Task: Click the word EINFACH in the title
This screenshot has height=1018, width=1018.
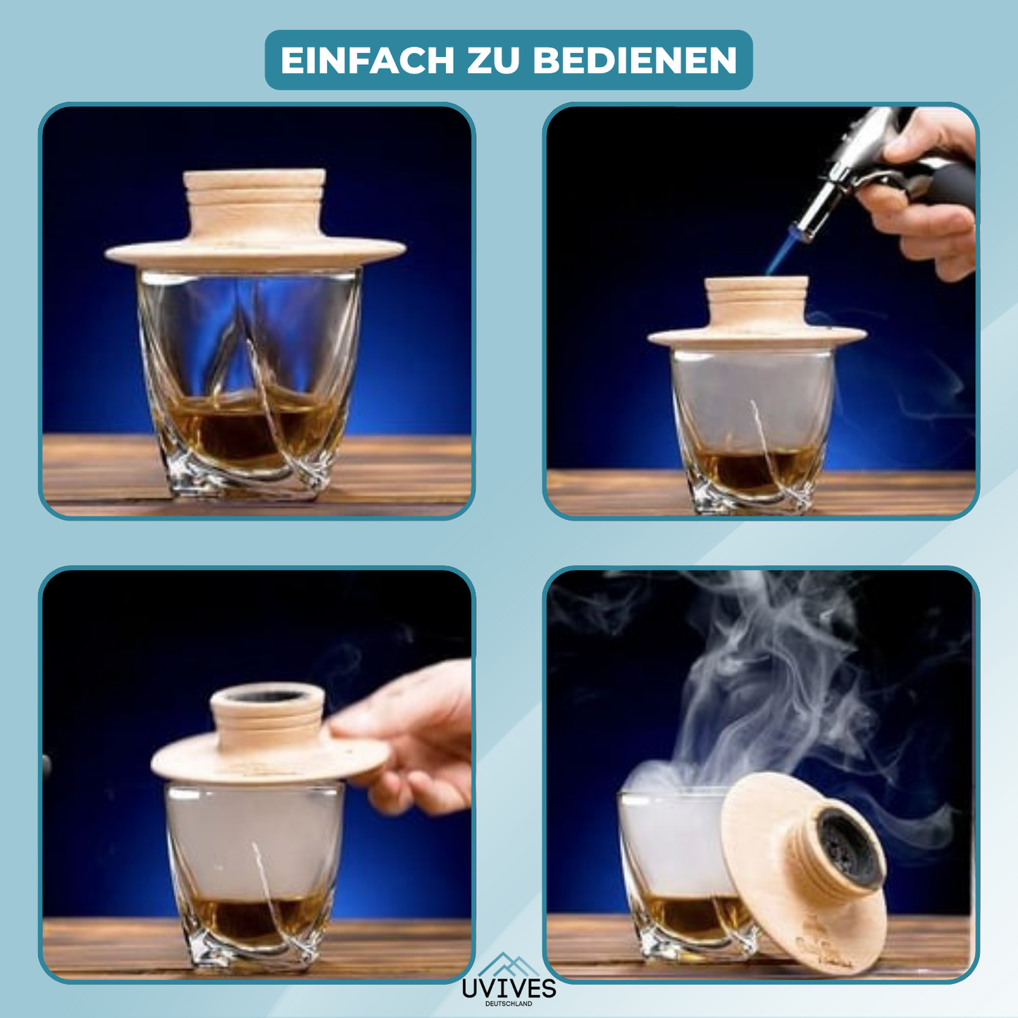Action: point(368,61)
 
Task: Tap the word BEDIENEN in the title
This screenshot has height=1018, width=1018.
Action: point(635,61)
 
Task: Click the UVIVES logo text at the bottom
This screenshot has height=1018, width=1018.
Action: point(509,988)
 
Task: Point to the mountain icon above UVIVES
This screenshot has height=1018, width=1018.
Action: point(509,964)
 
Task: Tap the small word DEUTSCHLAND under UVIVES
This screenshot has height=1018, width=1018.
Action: point(509,1004)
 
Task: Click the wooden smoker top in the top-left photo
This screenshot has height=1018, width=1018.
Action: point(255,218)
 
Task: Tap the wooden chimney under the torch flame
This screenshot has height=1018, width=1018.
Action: point(757,303)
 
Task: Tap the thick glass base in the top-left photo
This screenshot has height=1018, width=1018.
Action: point(240,479)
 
